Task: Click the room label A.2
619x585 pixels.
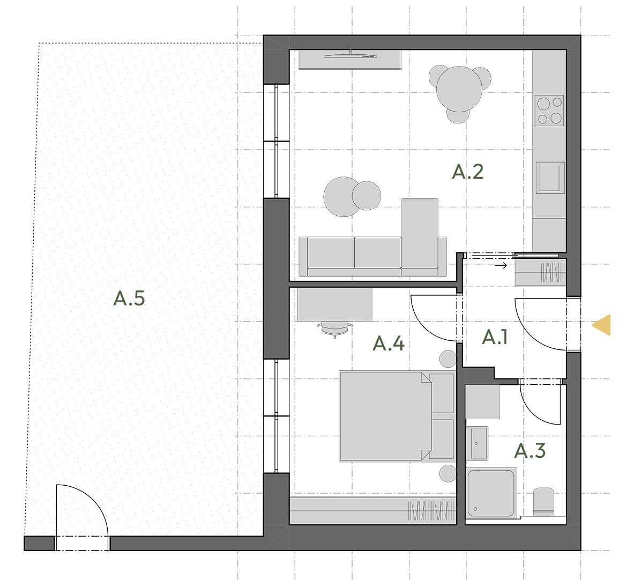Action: tap(468, 172)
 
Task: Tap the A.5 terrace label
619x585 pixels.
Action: tap(129, 298)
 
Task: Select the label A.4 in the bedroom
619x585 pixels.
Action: tap(389, 343)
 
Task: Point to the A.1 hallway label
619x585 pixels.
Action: tap(495, 337)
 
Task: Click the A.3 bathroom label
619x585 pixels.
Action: tap(530, 451)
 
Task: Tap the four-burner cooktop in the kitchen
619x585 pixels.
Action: tap(549, 110)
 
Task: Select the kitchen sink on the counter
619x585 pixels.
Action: tap(550, 178)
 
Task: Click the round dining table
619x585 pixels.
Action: tap(459, 89)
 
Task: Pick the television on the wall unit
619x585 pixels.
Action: tap(350, 55)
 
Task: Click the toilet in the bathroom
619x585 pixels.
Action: tap(543, 502)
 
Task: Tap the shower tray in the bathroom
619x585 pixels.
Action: tap(491, 493)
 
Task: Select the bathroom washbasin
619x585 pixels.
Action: tap(478, 443)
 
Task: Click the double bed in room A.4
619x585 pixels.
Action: tap(385, 416)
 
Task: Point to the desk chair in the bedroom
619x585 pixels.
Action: tap(335, 329)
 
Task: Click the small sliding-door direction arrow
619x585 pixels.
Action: tap(501, 266)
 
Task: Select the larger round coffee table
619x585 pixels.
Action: tap(343, 197)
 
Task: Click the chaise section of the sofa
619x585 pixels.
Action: tap(420, 233)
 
